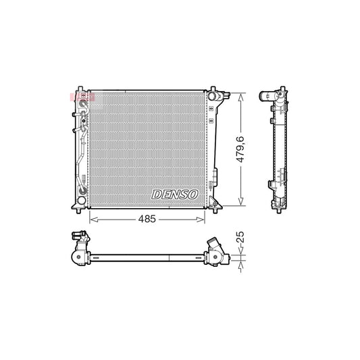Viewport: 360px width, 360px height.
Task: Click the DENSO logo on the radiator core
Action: [174, 194]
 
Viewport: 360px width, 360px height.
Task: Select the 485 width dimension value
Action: [147, 219]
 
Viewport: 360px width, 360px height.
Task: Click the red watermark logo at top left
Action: [82, 97]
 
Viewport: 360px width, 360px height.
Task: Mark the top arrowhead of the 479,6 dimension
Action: [241, 96]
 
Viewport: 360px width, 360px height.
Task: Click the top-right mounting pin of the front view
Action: [213, 89]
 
